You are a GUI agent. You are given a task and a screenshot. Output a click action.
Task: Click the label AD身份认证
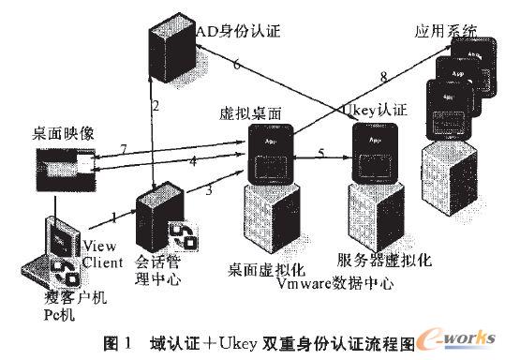tap(233, 31)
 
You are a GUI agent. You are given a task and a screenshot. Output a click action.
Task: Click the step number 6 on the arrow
tap(237, 65)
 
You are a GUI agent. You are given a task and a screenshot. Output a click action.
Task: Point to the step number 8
tap(382, 78)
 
